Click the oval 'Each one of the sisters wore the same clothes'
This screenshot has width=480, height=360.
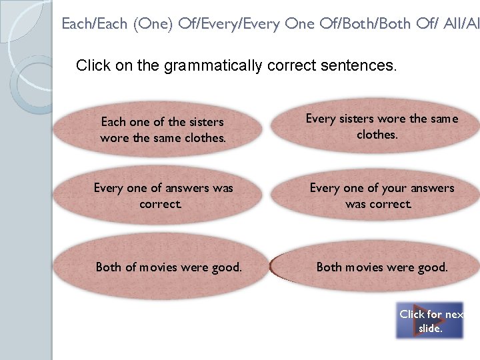(163, 129)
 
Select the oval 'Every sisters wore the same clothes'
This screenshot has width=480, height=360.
(381, 126)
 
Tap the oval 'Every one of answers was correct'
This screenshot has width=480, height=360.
(163, 196)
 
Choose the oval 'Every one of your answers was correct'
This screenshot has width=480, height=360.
(381, 196)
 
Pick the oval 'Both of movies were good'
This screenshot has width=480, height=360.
(168, 267)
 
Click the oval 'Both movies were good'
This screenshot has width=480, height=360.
(381, 267)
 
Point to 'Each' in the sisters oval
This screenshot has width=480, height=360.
(113, 122)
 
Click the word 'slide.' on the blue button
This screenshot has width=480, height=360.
(430, 328)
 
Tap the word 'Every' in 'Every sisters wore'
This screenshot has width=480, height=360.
(321, 119)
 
